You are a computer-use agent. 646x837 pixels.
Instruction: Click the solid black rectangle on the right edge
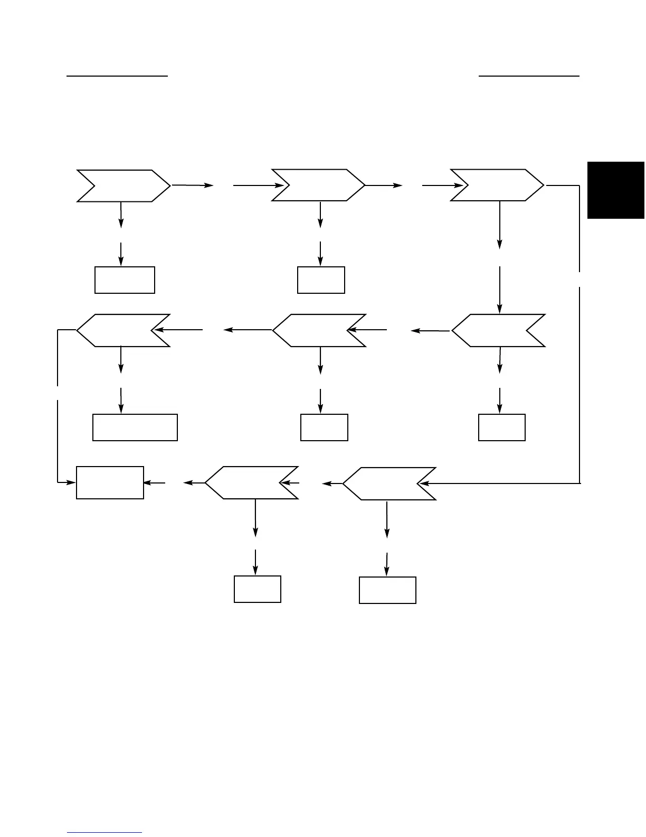coord(616,190)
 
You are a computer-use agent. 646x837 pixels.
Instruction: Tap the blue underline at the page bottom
coord(105,833)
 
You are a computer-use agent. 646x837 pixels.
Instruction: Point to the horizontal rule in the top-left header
coord(117,76)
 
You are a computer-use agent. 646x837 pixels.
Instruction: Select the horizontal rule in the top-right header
coord(529,76)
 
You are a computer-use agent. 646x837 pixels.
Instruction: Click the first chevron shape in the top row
coord(123,185)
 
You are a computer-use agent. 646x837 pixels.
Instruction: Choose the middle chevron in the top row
coord(318,185)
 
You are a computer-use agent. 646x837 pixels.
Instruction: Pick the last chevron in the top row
coord(497,185)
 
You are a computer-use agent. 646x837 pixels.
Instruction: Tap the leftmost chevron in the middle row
coord(123,330)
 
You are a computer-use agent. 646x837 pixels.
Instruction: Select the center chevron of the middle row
coord(319,330)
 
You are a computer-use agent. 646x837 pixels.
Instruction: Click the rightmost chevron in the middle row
coord(498,330)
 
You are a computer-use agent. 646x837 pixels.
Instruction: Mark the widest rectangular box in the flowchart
coord(135,427)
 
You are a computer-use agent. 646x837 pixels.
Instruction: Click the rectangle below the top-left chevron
coord(125,280)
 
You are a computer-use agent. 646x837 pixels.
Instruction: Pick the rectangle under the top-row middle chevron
coord(321,280)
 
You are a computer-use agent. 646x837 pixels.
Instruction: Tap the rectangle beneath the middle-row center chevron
coord(324,427)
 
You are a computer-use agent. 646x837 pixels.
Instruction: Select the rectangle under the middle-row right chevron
coord(501,427)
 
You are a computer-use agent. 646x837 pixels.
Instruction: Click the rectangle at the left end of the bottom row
coord(110,482)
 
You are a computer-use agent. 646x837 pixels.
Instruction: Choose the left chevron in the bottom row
coord(252,482)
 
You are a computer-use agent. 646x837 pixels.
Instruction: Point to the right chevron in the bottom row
coord(389,483)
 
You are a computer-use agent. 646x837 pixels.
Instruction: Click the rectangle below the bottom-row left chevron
coord(257,589)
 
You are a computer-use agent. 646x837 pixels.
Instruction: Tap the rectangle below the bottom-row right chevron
coord(387,590)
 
